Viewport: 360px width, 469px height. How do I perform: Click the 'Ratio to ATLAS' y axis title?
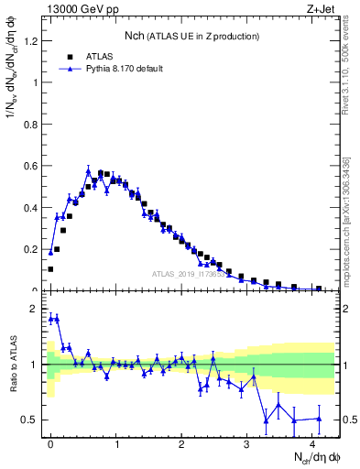[14, 365]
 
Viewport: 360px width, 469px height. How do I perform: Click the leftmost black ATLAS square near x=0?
[50, 268]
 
